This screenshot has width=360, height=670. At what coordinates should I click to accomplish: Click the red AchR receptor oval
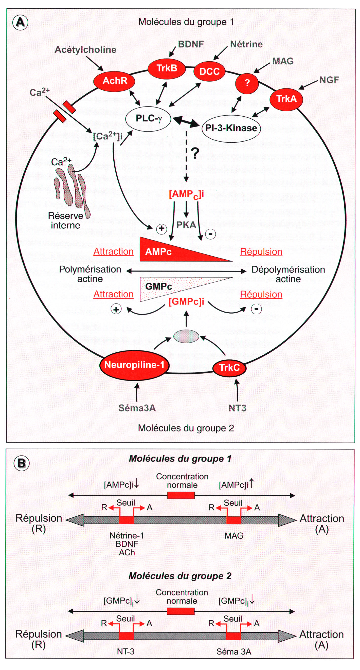(x=115, y=81)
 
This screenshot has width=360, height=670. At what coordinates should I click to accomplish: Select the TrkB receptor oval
(x=167, y=68)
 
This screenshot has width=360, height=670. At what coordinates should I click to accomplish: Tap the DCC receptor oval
(x=209, y=71)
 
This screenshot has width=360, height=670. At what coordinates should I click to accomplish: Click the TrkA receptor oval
(x=286, y=99)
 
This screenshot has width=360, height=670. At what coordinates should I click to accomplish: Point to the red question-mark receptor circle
(x=247, y=83)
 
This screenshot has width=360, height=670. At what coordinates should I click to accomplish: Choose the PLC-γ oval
(x=148, y=119)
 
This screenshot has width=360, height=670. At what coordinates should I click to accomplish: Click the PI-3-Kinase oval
(x=231, y=128)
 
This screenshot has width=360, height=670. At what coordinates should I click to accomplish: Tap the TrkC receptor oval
(x=229, y=368)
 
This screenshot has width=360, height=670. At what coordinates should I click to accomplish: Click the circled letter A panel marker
(x=21, y=22)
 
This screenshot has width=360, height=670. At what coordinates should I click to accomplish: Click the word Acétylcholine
(x=85, y=50)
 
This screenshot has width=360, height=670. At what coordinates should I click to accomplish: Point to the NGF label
(x=329, y=80)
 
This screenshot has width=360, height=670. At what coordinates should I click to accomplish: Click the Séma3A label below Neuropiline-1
(x=137, y=408)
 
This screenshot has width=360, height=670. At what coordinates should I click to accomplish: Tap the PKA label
(x=186, y=225)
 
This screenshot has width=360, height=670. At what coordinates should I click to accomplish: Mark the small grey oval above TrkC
(x=186, y=336)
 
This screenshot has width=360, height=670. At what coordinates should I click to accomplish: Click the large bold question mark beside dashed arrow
(x=195, y=153)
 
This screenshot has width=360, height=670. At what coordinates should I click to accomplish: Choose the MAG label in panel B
(x=234, y=536)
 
